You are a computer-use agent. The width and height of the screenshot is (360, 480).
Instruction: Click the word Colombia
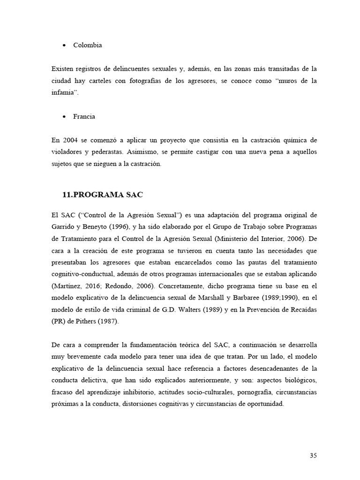coord(87,45)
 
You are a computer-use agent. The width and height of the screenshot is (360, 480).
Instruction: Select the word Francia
coord(84,117)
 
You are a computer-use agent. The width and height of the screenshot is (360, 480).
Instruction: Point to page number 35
coord(313,455)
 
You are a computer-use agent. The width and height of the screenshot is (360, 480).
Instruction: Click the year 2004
coord(70,141)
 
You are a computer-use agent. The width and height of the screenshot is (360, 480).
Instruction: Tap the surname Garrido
coord(63,227)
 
